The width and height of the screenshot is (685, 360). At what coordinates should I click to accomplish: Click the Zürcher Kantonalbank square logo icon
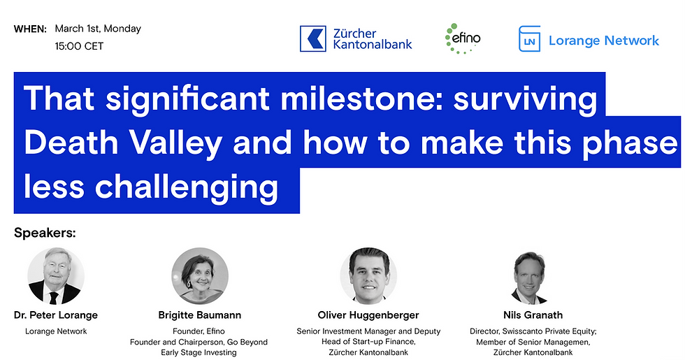point(313,39)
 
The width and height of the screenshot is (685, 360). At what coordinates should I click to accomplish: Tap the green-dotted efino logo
point(463,38)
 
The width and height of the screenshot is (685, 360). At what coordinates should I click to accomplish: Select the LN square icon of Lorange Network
point(530,39)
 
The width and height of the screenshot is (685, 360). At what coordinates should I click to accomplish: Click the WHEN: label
point(30,29)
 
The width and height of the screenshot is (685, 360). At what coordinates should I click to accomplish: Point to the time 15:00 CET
point(79,46)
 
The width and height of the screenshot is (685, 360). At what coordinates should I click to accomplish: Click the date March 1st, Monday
point(98,29)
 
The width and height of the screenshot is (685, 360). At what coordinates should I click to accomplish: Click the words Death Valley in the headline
point(123,143)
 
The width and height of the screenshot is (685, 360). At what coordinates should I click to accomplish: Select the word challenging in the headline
point(187,187)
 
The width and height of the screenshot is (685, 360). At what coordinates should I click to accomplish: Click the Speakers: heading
point(45,233)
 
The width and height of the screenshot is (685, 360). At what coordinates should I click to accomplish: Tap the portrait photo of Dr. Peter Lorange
point(56,276)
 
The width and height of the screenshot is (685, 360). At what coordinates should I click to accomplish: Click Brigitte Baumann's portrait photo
point(200,276)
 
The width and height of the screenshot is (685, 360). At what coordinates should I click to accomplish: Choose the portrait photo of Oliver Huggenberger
point(368,276)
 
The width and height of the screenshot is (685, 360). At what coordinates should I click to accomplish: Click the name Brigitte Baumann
point(200,315)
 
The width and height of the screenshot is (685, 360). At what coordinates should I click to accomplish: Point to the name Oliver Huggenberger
point(368,315)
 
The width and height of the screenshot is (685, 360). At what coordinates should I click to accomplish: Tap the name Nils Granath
point(533,315)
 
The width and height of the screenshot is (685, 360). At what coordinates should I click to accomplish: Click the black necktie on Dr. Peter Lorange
point(54,298)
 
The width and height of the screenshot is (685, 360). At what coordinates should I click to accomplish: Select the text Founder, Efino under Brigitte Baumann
point(199,331)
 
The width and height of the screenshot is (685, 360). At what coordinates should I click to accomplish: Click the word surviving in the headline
point(525,99)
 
